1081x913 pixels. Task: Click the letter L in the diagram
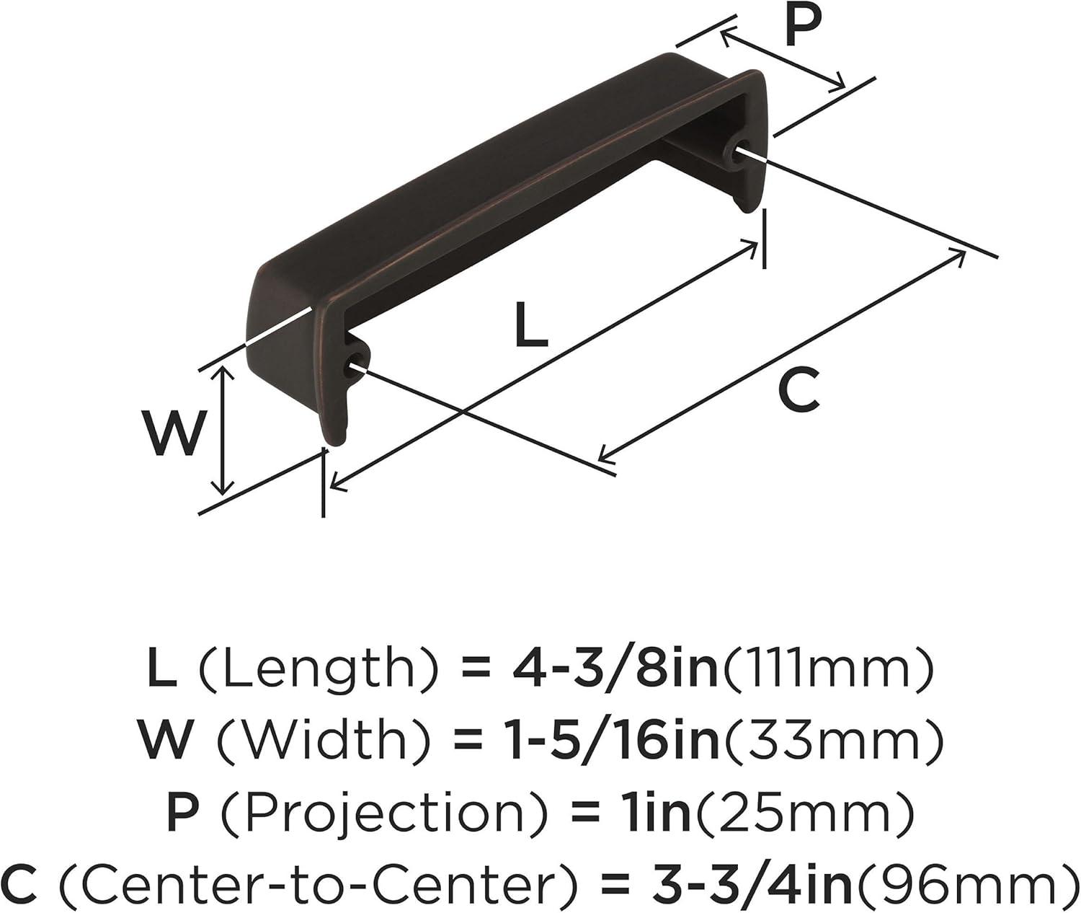click(x=530, y=325)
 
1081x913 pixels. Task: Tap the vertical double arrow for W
click(x=223, y=430)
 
